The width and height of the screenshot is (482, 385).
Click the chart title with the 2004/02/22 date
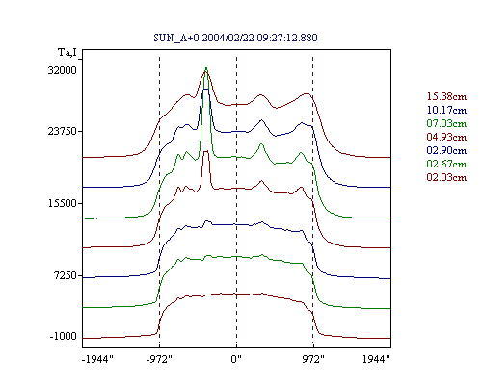click(235, 38)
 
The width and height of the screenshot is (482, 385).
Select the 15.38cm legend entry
click(446, 96)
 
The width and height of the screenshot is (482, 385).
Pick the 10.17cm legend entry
click(446, 110)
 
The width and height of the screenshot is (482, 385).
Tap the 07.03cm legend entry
click(446, 123)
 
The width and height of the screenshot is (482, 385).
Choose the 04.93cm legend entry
click(446, 137)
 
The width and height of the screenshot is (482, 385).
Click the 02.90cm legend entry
click(446, 150)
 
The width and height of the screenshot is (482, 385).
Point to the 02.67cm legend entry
click(446, 164)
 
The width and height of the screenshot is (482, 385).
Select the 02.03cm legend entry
click(446, 177)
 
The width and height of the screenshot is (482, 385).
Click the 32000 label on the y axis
click(63, 70)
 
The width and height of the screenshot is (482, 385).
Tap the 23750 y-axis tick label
click(63, 131)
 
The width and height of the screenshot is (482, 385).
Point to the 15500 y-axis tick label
click(63, 203)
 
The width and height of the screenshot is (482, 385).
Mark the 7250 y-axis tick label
click(67, 275)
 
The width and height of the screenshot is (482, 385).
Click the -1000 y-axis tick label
click(64, 336)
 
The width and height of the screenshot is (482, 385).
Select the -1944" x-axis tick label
click(97, 359)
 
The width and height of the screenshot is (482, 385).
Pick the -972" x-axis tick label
click(159, 359)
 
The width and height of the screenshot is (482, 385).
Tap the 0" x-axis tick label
click(236, 359)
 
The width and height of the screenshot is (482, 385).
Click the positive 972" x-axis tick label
click(313, 359)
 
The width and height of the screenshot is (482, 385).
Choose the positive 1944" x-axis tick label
click(376, 359)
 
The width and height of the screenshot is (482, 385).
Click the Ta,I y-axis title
click(67, 52)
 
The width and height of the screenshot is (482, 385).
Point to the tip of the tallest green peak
click(206, 67)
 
